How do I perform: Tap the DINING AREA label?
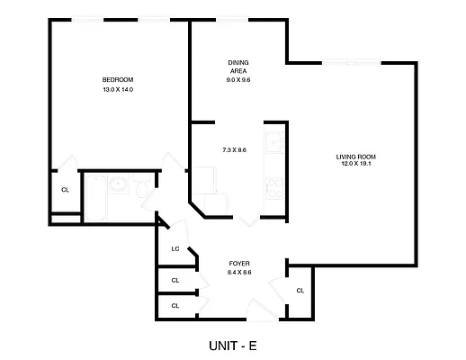coord(237,67)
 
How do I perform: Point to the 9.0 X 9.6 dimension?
coord(237,80)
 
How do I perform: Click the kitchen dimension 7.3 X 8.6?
coord(234,149)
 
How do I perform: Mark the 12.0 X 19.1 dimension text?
coord(356,165)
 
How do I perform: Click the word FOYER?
coord(239,263)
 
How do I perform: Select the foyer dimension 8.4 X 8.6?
coord(239,272)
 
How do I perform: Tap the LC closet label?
coord(176,249)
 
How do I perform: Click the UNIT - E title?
coord(233,344)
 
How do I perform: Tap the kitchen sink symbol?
coord(273,141)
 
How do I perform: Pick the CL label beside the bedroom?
coord(65,190)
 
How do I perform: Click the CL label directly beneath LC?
coord(175,280)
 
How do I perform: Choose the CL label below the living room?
coord(300,290)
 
